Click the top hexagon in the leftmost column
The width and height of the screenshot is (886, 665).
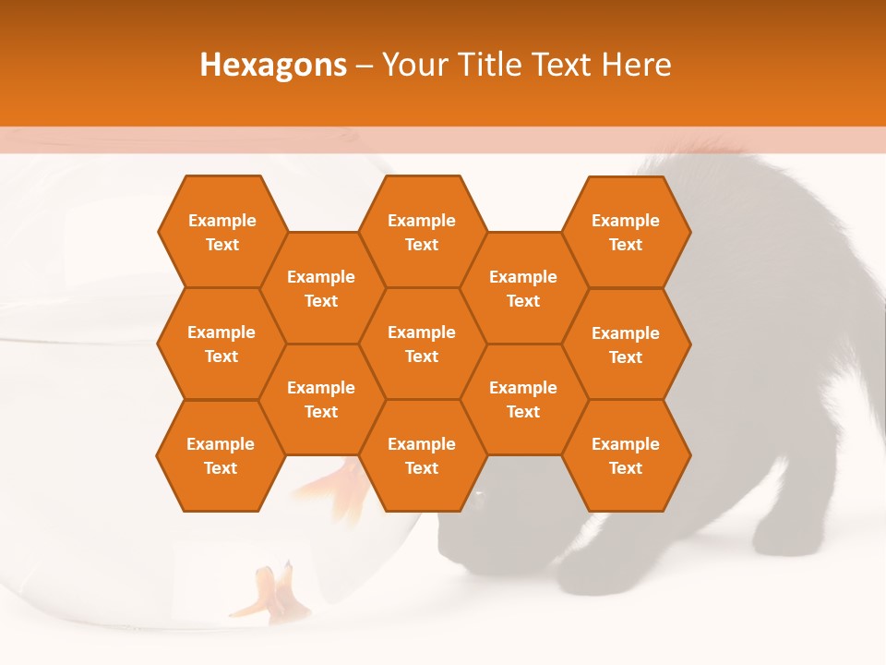[221, 232]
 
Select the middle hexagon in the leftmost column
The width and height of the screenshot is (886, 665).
[221, 344]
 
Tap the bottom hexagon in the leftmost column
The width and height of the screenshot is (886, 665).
[221, 455]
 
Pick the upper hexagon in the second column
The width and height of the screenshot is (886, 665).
[321, 288]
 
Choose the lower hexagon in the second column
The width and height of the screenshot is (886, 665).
[321, 399]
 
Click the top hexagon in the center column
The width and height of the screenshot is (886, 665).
[422, 232]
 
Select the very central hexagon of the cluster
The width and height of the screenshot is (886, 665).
[422, 344]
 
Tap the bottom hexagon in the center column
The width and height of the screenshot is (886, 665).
[422, 455]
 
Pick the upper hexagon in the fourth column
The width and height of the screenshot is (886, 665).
[523, 288]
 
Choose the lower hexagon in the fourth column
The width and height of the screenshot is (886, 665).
[523, 399]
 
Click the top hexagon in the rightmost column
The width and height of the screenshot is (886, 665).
[626, 232]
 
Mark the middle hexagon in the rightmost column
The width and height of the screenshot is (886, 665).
[626, 345]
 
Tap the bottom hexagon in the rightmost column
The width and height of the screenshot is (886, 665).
[626, 455]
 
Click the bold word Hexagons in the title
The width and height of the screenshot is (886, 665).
[273, 65]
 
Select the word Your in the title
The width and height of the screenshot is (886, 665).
[411, 65]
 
